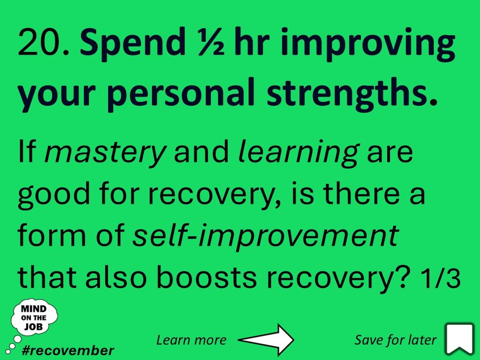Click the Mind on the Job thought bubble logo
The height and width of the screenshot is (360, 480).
(34, 318)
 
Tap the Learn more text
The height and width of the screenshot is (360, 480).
(191, 340)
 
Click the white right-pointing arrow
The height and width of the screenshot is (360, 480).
(267, 340)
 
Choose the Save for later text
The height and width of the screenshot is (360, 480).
(396, 340)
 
